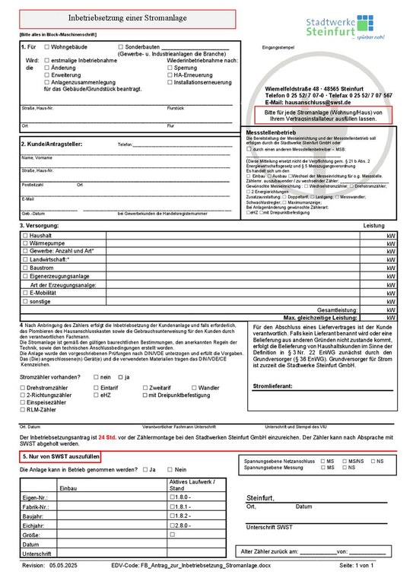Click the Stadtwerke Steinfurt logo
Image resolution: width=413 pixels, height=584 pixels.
(x=354, y=28)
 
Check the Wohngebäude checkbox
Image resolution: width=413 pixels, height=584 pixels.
(x=46, y=47)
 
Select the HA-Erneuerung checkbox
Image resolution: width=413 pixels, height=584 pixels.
(x=168, y=75)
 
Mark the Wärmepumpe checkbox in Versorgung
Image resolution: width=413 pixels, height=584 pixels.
(x=25, y=244)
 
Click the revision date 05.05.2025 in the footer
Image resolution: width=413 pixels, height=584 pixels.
(x=66, y=566)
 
